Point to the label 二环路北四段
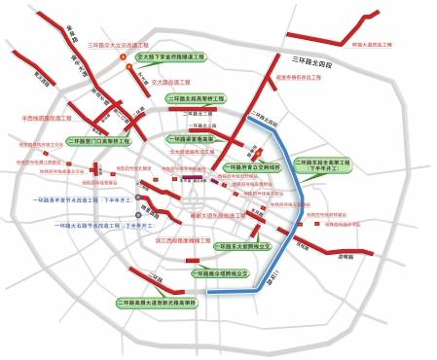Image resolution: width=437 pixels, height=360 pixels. (264, 124)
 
